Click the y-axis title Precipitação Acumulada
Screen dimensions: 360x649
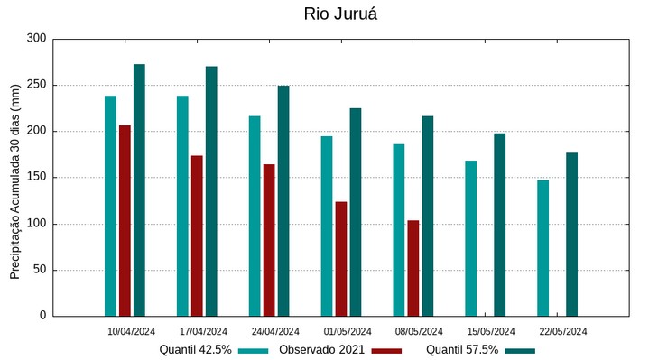click(x=15, y=177)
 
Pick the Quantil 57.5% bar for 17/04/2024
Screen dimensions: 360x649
click(x=211, y=191)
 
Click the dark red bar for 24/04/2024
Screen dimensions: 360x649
click(x=269, y=240)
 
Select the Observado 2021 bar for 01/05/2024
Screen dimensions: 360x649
click(x=341, y=259)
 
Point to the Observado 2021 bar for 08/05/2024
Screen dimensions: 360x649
click(x=413, y=268)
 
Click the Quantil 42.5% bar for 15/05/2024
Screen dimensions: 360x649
click(x=471, y=238)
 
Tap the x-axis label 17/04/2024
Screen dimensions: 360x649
click(x=203, y=331)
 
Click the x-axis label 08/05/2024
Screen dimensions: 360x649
click(x=419, y=331)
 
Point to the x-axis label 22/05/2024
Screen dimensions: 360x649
click(x=562, y=331)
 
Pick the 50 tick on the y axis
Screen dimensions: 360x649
click(x=39, y=270)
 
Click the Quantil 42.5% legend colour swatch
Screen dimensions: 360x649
click(x=254, y=350)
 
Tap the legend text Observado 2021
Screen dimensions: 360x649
click(x=321, y=350)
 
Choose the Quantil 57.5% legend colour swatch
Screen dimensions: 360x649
click(x=520, y=350)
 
